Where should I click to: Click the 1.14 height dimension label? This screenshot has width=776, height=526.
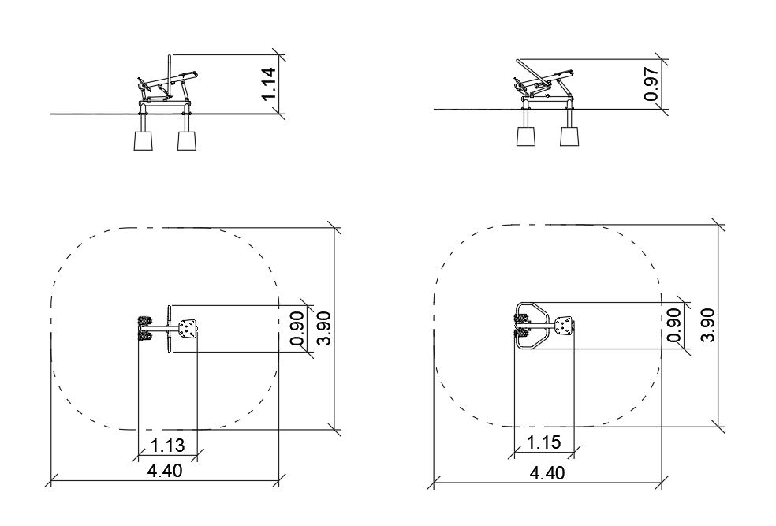point(268,84)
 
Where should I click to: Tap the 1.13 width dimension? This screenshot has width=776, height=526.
point(167,446)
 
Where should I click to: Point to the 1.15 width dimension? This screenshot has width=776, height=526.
point(544,442)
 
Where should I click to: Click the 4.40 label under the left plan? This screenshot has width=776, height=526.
point(165,471)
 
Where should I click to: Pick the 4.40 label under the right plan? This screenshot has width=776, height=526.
point(547,473)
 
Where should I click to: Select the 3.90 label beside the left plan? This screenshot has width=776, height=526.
point(324,328)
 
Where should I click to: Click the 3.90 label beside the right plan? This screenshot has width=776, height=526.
point(707,325)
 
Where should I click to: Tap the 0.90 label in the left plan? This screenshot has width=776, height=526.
point(297,328)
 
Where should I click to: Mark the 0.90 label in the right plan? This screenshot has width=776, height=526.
point(673,325)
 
